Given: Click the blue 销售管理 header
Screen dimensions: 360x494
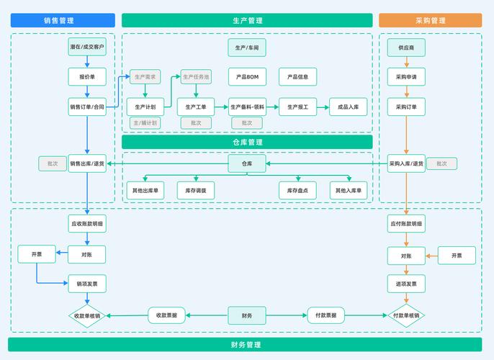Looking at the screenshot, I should tap(63, 21).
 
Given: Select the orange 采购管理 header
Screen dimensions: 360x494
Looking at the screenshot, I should tap(430, 21).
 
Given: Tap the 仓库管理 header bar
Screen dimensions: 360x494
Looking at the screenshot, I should tap(247, 143).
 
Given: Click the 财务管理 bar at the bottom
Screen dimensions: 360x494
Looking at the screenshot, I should tap(246, 345).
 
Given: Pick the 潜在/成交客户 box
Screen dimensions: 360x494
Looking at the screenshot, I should tap(87, 48).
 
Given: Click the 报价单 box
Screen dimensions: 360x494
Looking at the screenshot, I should tap(87, 77).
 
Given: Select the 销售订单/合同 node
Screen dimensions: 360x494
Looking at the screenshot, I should tap(87, 107).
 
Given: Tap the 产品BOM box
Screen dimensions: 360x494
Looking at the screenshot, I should tap(247, 77).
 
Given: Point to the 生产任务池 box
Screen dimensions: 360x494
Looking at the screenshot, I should tap(196, 77).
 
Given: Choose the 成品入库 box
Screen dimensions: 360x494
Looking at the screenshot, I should tap(349, 107).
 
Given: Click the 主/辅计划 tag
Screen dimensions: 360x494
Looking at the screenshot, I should tap(145, 123).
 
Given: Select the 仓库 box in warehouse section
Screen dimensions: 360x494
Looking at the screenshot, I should tap(247, 163).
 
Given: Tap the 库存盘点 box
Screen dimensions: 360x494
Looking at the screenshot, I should tap(297, 191).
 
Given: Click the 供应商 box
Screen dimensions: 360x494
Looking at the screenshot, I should tap(406, 48).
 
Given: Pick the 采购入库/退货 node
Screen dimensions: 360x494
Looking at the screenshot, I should tap(406, 163).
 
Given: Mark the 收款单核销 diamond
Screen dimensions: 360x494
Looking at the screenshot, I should tap(87, 315).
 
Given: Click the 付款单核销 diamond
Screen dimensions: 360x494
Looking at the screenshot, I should tap(406, 315).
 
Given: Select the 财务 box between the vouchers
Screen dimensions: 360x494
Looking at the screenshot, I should tap(247, 315).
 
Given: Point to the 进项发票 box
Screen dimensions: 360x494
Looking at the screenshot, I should tap(406, 284).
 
